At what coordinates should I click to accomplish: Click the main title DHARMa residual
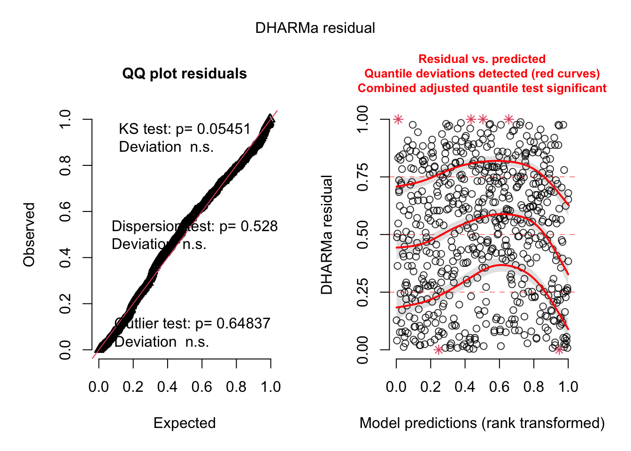coord(315,28)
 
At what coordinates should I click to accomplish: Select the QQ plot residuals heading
coord(185,74)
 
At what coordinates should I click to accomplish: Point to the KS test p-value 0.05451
coord(224,129)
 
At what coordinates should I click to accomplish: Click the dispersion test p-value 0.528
coord(259,226)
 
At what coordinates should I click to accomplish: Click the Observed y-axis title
coord(30,234)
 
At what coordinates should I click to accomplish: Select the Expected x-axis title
coord(185,423)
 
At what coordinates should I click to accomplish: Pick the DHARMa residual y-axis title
coord(327,234)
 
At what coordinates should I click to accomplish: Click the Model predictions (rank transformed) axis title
coord(482,423)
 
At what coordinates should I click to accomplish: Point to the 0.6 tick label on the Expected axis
coord(202,387)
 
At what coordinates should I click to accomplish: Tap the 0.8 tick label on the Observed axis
coord(65,166)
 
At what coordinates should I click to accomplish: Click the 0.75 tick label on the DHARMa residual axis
coord(363,177)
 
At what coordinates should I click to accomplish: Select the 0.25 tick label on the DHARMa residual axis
coord(363,292)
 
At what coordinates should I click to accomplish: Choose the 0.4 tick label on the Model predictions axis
coord(465,387)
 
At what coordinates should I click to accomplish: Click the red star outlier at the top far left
coord(398,119)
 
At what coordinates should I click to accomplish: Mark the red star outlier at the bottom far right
coord(559,350)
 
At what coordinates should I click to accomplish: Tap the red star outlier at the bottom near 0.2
coord(439,350)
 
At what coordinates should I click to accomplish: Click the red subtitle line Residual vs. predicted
coord(482,59)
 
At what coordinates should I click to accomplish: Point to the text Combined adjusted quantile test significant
coord(482,88)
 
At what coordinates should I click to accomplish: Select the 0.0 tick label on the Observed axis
coord(65,350)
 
